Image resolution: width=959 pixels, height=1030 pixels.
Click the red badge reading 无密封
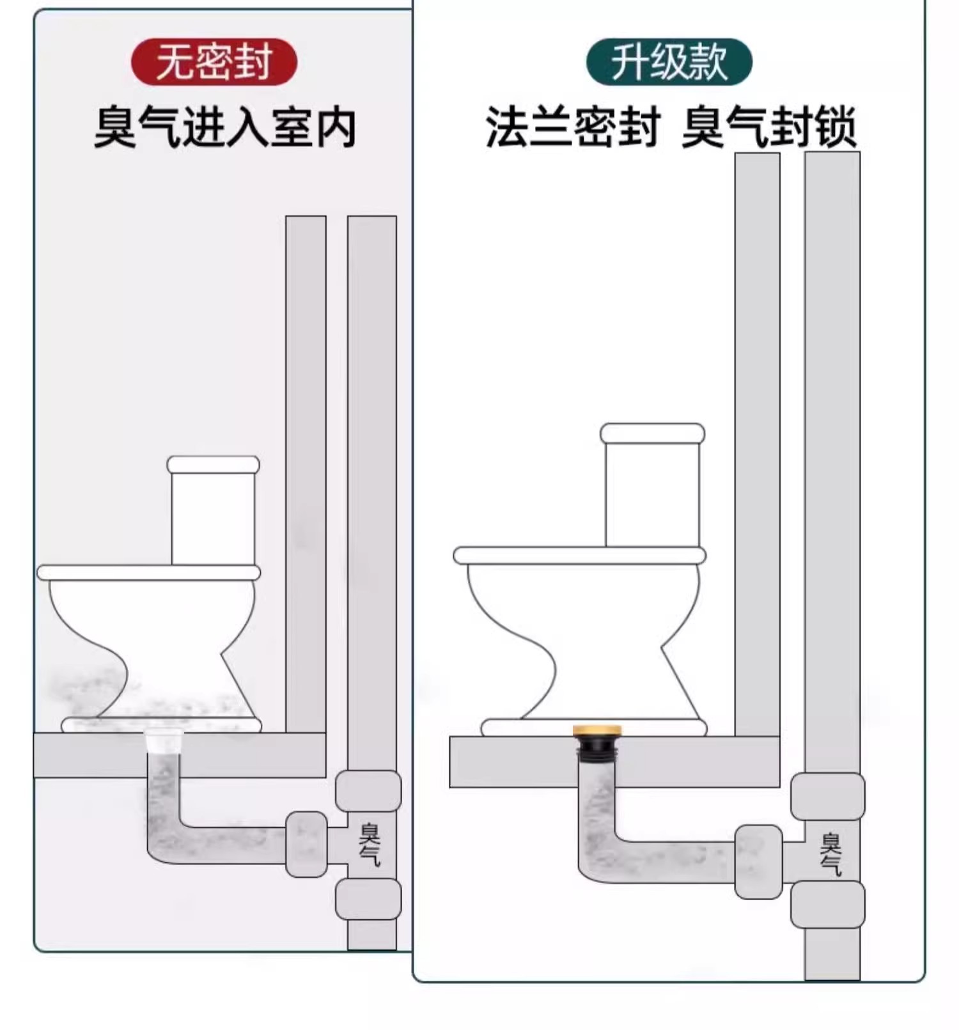tap(214, 62)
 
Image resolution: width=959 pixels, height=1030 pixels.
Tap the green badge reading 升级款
tap(669, 62)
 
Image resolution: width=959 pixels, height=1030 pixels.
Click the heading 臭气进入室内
tap(224, 128)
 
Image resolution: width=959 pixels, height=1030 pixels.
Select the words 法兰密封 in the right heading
tap(572, 128)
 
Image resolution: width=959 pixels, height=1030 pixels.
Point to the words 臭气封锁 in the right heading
tap(768, 128)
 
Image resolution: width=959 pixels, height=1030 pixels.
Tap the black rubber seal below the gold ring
tap(597, 746)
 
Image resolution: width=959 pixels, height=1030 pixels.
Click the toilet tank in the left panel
tap(213, 518)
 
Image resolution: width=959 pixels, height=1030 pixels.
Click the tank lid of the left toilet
tap(213, 465)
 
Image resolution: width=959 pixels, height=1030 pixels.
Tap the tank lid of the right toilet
tap(652, 433)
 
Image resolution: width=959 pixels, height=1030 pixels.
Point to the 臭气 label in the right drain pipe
tap(830, 854)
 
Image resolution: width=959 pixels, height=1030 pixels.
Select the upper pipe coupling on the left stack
tap(368, 791)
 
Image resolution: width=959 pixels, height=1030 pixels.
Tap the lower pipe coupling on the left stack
tap(368, 898)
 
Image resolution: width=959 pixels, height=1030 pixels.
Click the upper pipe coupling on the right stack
tap(827, 796)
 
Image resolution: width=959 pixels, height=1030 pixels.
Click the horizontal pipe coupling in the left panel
tap(306, 844)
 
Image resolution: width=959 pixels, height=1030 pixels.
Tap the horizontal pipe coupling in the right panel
tap(758, 861)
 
